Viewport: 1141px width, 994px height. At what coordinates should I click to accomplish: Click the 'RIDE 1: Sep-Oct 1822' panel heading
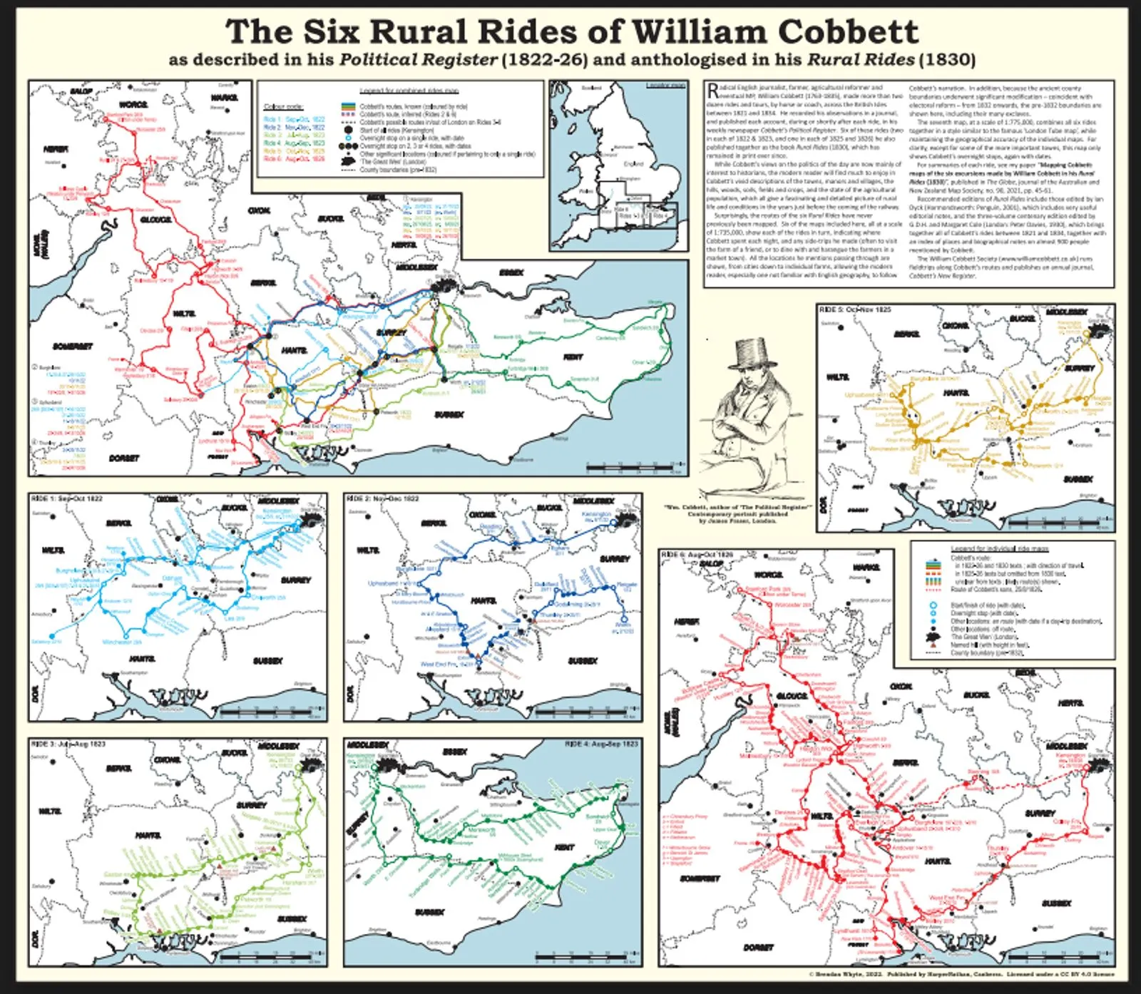[x=67, y=498]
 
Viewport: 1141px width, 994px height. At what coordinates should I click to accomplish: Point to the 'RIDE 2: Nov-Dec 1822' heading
[x=382, y=498]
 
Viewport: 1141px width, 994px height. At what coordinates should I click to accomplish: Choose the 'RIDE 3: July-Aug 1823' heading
[x=68, y=744]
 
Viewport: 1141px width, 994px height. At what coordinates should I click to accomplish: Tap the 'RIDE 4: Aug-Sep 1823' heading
[x=601, y=744]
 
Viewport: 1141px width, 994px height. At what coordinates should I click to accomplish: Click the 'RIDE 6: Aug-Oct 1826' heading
[x=697, y=555]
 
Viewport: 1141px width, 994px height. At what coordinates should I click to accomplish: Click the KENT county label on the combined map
[x=573, y=357]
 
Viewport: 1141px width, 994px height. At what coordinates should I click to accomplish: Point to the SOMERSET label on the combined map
[x=72, y=347]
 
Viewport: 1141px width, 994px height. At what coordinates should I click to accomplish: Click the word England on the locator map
[x=633, y=163]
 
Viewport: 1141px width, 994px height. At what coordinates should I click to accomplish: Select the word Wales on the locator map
[x=586, y=191]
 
